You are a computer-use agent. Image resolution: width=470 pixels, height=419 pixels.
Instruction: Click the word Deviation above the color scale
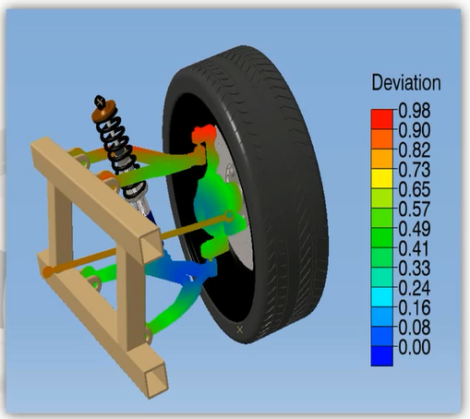405,83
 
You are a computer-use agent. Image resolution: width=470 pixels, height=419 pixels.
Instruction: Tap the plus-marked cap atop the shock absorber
99,100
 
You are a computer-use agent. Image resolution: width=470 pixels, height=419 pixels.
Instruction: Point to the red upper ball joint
199,137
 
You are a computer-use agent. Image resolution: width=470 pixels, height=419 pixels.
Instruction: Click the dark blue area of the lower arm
195,271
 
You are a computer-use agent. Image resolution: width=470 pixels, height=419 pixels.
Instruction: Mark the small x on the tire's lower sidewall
240,329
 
